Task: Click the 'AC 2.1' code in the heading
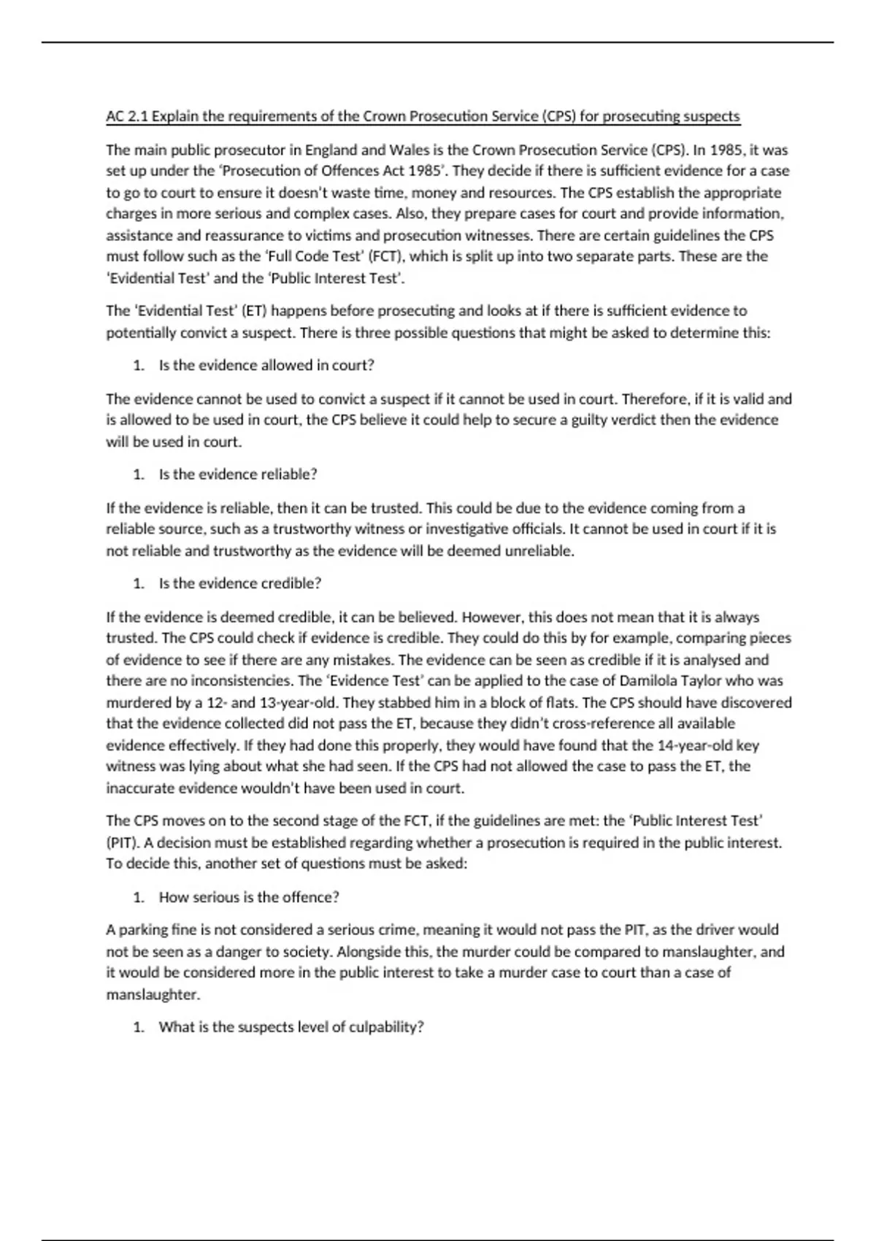(127, 116)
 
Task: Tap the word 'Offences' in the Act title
(348, 171)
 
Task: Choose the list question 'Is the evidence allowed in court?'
(266, 365)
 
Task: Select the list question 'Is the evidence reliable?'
(238, 474)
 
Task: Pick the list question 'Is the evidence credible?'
(240, 583)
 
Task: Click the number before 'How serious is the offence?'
(138, 897)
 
